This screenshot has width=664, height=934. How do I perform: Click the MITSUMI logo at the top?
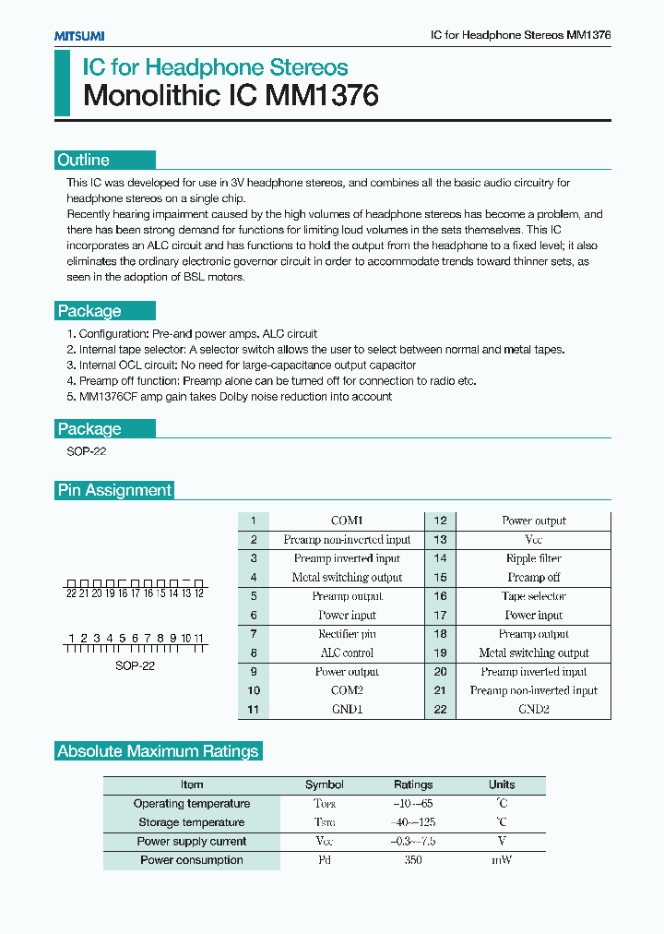tap(78, 35)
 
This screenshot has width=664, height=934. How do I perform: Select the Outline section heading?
tap(83, 160)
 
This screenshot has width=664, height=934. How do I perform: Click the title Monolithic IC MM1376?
tap(231, 96)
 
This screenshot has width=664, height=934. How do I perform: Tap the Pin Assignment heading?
tap(114, 490)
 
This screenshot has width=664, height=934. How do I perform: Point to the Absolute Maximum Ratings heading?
tap(158, 751)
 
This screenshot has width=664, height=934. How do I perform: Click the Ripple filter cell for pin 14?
tap(533, 558)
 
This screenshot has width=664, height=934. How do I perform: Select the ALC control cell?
tap(347, 653)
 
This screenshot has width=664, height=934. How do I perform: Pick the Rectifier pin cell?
tap(347, 634)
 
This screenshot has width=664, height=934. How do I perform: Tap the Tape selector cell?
tap(533, 596)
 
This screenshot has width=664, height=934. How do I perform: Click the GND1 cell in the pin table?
tap(347, 709)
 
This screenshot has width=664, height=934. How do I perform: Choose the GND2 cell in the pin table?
tap(533, 709)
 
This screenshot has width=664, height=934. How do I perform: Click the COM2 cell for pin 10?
tap(347, 690)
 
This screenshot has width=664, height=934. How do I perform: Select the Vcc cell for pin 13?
tap(533, 539)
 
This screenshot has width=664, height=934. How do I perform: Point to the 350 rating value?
tap(413, 860)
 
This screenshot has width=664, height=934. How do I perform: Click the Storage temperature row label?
tap(191, 822)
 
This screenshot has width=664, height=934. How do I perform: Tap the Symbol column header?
tap(324, 784)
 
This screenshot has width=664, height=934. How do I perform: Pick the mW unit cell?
tap(502, 860)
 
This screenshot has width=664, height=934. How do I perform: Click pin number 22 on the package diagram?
tap(71, 593)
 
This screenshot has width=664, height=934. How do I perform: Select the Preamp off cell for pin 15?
tap(533, 577)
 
